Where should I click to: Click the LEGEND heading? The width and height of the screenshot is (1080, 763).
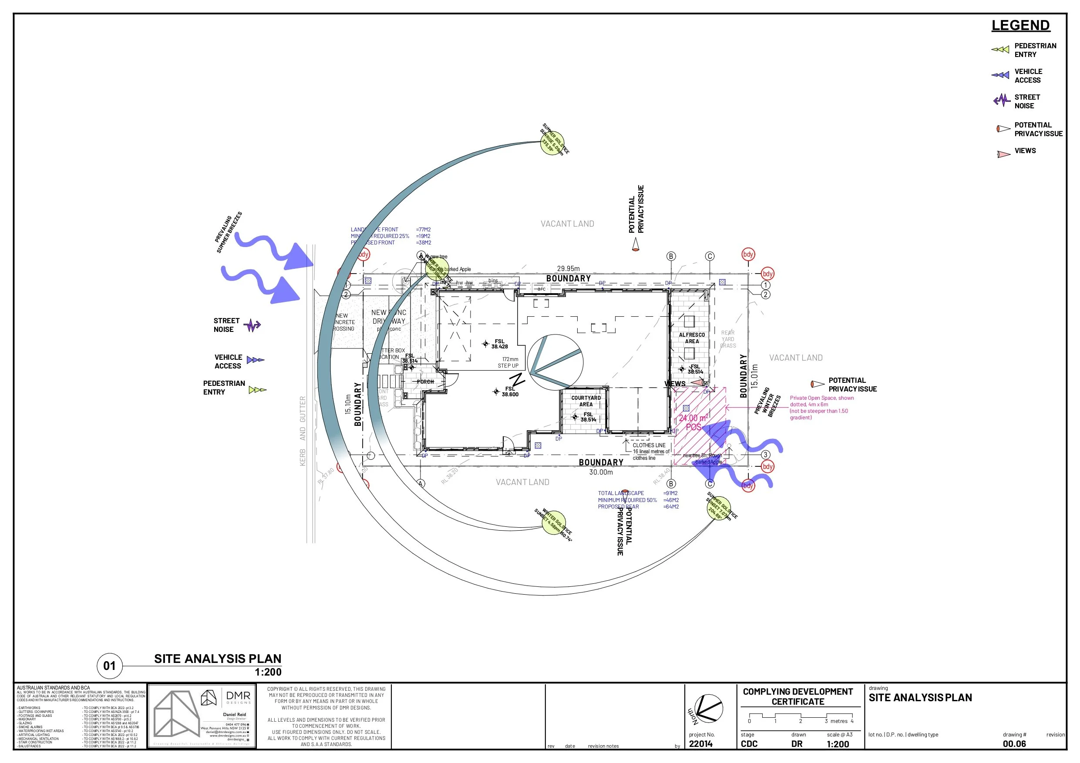1020,25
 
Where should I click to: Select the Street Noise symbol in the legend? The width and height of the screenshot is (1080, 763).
1002,100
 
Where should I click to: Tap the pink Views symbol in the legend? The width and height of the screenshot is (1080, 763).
1003,154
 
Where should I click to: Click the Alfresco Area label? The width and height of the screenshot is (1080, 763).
691,338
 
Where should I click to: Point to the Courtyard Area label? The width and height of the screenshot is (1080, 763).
585,401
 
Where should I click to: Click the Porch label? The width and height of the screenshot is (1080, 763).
425,382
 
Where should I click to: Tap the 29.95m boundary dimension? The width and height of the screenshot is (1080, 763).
568,269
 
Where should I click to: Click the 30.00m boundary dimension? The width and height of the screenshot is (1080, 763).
601,472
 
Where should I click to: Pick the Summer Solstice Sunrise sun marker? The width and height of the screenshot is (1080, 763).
552,142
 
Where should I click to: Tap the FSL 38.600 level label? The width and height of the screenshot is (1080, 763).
509,392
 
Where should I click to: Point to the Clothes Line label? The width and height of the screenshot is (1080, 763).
649,445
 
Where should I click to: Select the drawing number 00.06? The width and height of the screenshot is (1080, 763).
1014,744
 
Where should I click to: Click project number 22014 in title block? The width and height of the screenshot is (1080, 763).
700,744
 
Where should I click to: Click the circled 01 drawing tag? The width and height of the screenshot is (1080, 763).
109,666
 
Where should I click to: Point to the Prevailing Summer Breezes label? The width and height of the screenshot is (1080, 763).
229,232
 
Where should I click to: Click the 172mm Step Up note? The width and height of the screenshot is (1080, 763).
508,362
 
